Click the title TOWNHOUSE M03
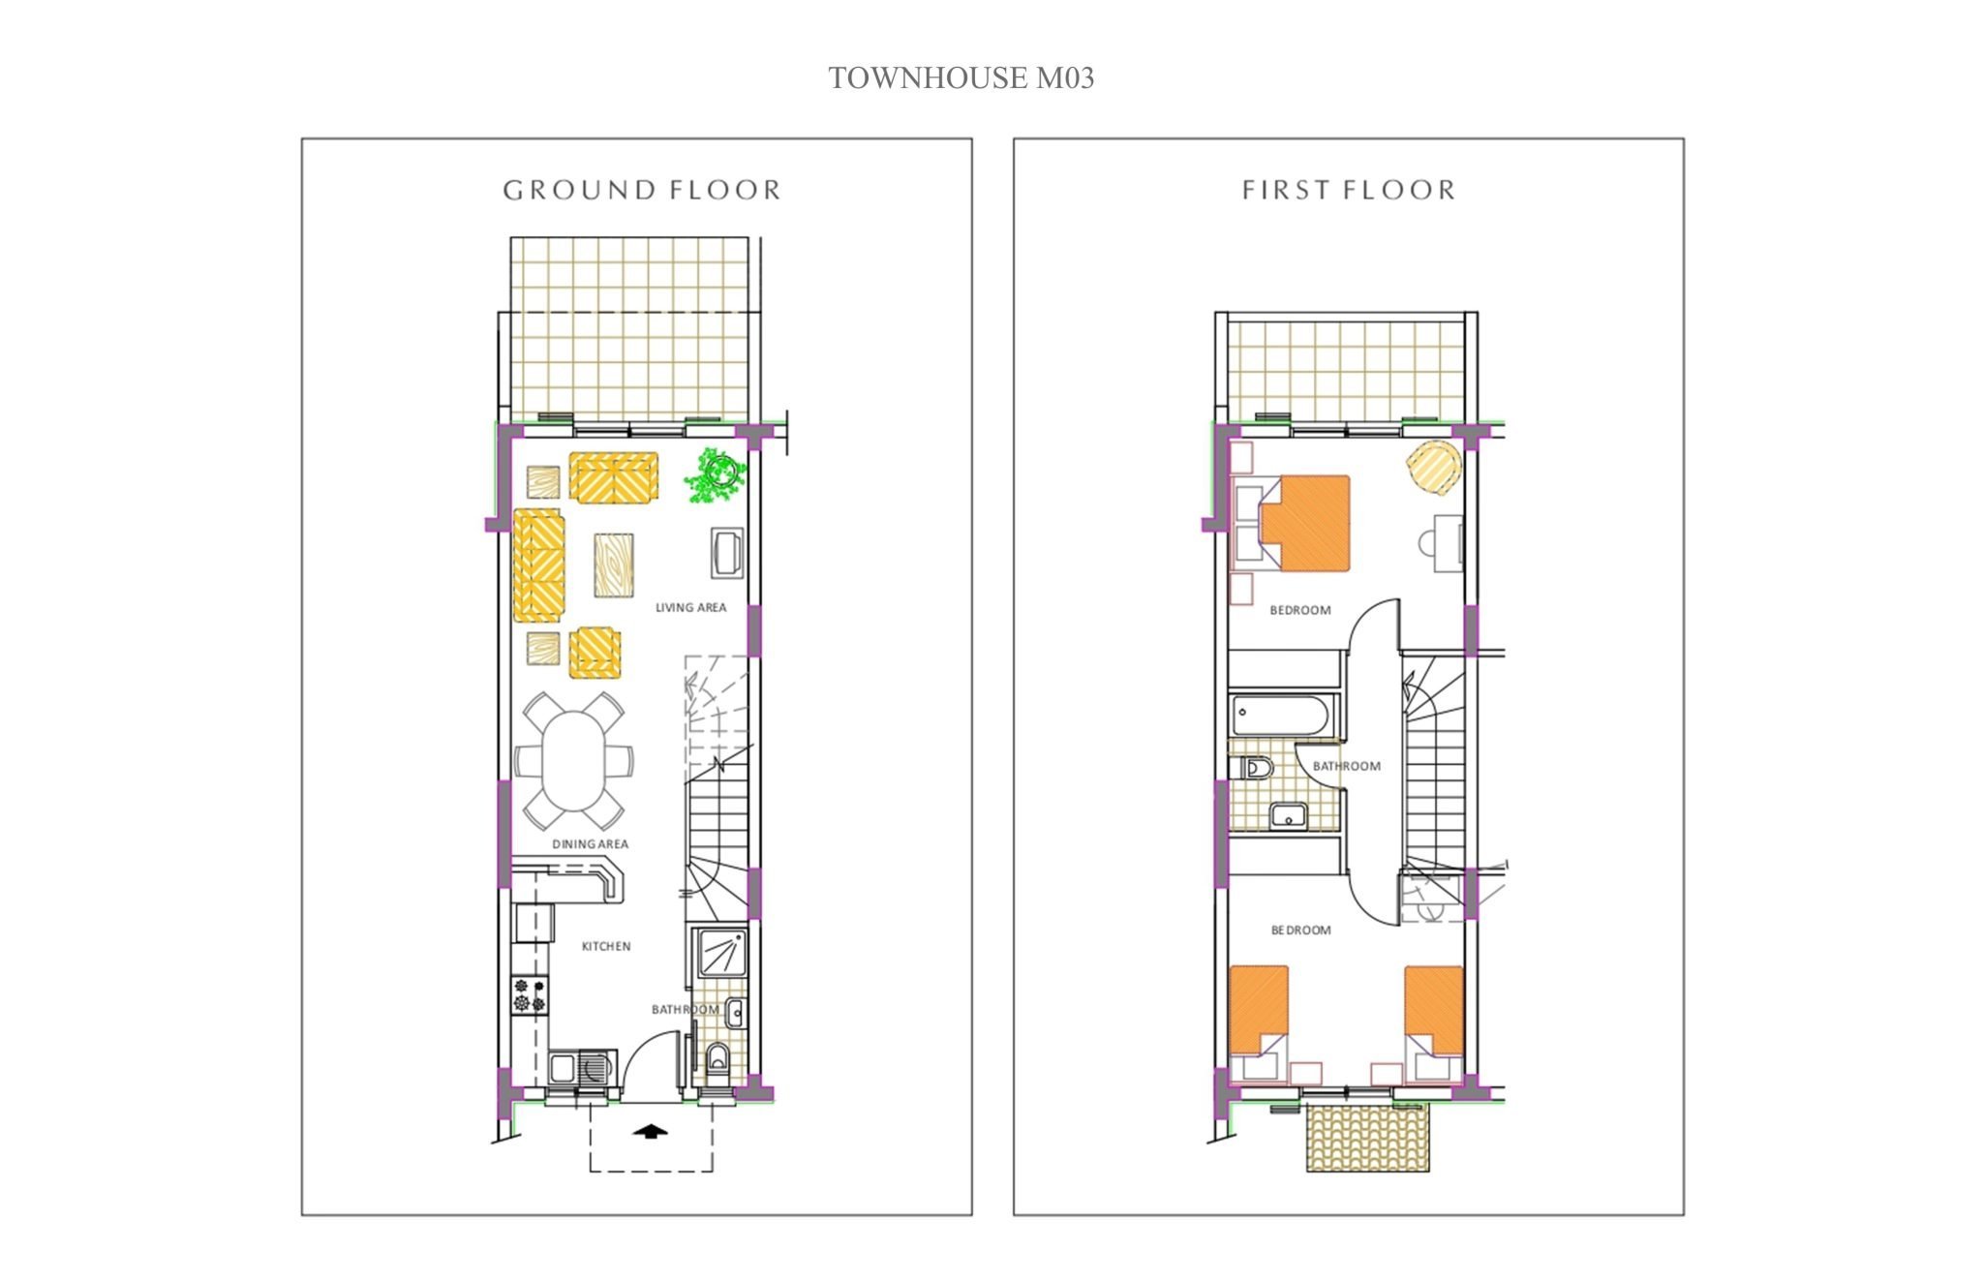(x=961, y=78)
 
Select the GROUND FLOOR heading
(x=641, y=190)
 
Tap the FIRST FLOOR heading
(x=1349, y=190)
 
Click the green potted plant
(x=716, y=475)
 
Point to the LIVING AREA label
(x=690, y=608)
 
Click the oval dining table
(x=573, y=762)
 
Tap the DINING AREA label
(x=590, y=844)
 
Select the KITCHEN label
(x=606, y=946)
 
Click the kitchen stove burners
(x=530, y=995)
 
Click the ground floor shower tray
(x=720, y=953)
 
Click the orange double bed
(x=1304, y=523)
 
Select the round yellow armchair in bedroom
(x=1434, y=469)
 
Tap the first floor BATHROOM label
(x=1347, y=766)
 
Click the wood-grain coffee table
(x=614, y=564)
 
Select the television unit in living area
(x=727, y=553)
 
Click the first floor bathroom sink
(x=1289, y=816)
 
